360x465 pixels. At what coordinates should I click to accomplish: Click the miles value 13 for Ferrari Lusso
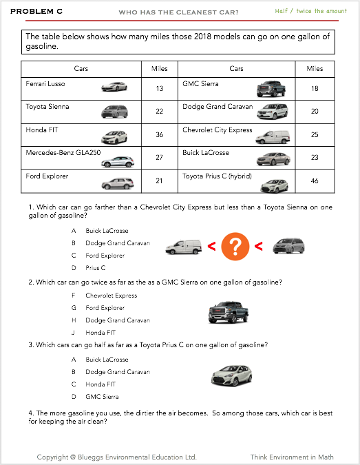pos(160,88)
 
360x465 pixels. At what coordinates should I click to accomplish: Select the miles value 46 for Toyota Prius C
pos(315,180)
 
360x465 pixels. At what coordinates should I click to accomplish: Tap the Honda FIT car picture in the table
pos(114,137)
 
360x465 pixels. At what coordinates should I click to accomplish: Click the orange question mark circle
pos(235,247)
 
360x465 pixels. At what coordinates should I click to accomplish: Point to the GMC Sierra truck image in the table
pos(271,89)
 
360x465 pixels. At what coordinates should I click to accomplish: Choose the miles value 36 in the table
pos(160,134)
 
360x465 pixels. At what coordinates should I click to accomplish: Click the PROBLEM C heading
pos(36,12)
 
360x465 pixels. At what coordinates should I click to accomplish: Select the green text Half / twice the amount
pos(310,11)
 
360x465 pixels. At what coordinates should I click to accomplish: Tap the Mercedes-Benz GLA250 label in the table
pos(63,153)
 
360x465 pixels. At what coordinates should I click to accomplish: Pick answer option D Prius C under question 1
pos(88,268)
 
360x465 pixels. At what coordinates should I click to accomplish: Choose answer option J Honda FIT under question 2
pos(94,333)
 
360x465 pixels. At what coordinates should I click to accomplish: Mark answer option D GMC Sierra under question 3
pos(95,397)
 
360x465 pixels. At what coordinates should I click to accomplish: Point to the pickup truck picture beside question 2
pos(229,312)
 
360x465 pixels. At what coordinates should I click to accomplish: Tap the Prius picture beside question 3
pos(232,375)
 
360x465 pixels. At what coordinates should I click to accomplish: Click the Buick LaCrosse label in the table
pos(206,153)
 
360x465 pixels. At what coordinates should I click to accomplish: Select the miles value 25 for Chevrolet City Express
pos(315,134)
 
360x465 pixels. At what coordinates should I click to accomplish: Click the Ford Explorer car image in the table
pos(118,183)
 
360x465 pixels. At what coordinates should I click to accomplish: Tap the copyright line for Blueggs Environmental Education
pos(117,457)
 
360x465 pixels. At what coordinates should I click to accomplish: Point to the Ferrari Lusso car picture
pos(114,87)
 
